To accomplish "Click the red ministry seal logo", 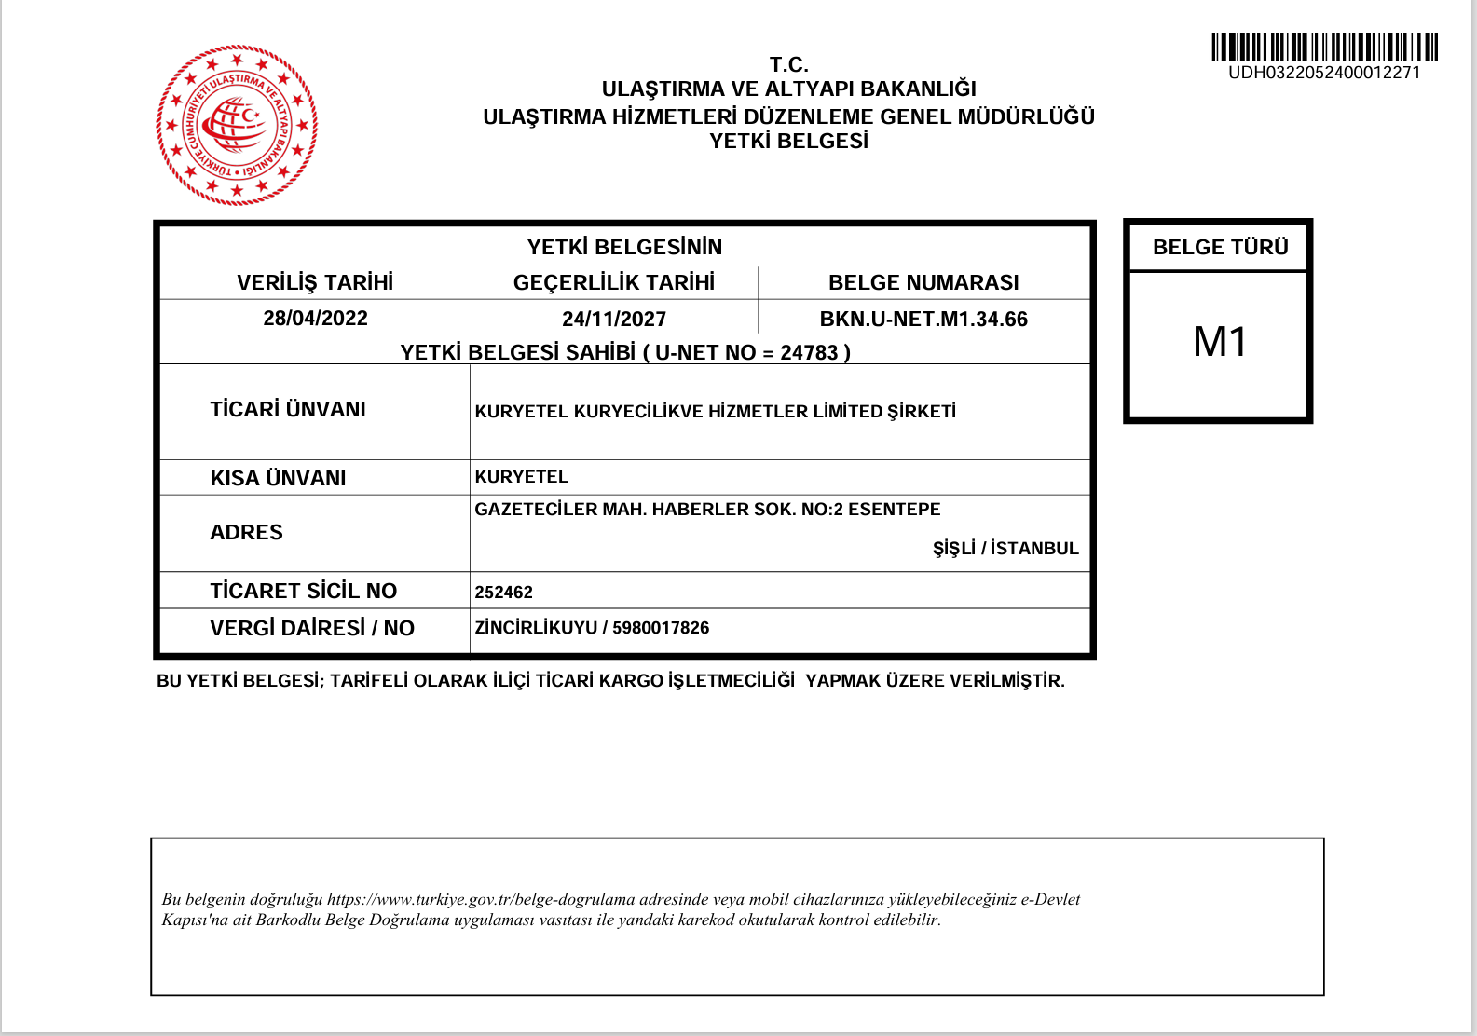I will point(237,125).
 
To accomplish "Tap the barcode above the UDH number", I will point(1324,47).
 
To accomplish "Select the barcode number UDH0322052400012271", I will point(1324,73).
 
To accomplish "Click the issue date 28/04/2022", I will point(315,319).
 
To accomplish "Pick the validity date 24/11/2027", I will point(614,320).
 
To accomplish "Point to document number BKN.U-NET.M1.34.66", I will point(923,320).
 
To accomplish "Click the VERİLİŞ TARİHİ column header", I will point(315,282).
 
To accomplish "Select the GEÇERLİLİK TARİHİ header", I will point(614,282).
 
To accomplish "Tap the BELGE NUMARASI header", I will point(923,282).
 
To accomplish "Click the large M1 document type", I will point(1219,343).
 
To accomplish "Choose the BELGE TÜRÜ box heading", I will point(1220,247).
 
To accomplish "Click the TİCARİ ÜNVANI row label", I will point(288,410).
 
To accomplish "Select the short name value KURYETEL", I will point(521,477).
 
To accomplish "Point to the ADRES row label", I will point(246,533).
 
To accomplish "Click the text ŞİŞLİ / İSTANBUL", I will point(1005,549).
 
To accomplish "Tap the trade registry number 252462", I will point(503,593).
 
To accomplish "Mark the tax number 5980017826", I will point(661,628).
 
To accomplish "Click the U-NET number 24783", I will point(809,353).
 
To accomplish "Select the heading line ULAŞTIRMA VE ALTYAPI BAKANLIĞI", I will point(788,89).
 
